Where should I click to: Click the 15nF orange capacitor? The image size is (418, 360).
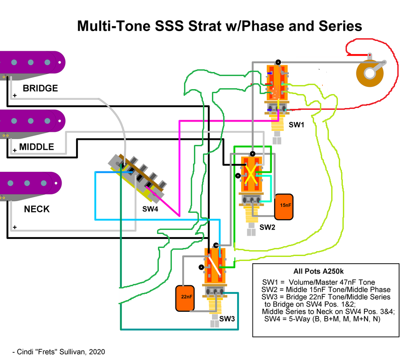(x=284, y=207)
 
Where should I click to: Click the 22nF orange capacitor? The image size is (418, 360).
(x=185, y=298)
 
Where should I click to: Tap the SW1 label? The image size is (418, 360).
(x=297, y=125)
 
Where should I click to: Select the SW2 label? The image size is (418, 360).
(x=267, y=227)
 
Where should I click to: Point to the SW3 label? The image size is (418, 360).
(x=227, y=319)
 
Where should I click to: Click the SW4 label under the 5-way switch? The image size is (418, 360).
(x=150, y=209)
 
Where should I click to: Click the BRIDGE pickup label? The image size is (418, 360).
(x=40, y=88)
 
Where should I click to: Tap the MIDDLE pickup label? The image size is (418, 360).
(x=36, y=147)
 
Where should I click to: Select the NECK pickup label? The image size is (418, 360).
(x=37, y=209)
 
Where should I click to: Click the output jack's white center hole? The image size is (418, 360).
(x=370, y=73)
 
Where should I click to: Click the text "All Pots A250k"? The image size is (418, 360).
(x=318, y=271)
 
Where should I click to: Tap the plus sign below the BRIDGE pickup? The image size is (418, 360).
(x=15, y=95)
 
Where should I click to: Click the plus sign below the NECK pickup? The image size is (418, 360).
(x=15, y=227)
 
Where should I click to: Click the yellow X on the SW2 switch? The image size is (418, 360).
(x=251, y=174)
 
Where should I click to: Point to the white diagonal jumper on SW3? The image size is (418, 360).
(x=214, y=265)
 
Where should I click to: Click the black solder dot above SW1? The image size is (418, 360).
(x=278, y=62)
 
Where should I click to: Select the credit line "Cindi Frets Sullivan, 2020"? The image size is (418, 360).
(x=58, y=352)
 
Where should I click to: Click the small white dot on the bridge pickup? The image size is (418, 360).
(x=60, y=63)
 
